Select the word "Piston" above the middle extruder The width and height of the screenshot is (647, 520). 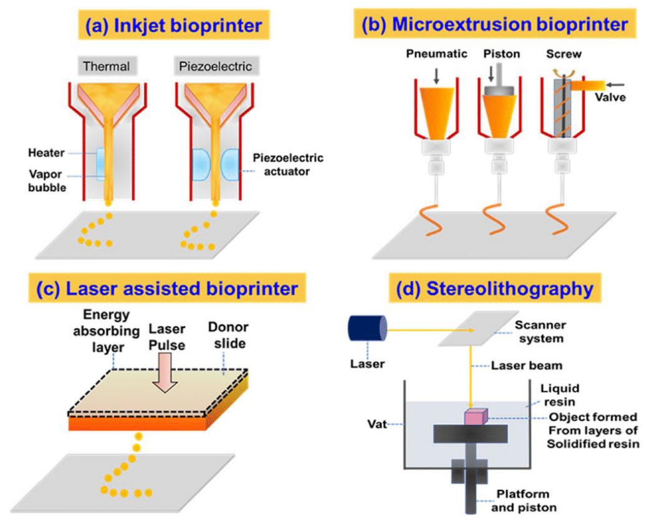[502, 54]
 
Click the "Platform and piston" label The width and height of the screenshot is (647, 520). [523, 500]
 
